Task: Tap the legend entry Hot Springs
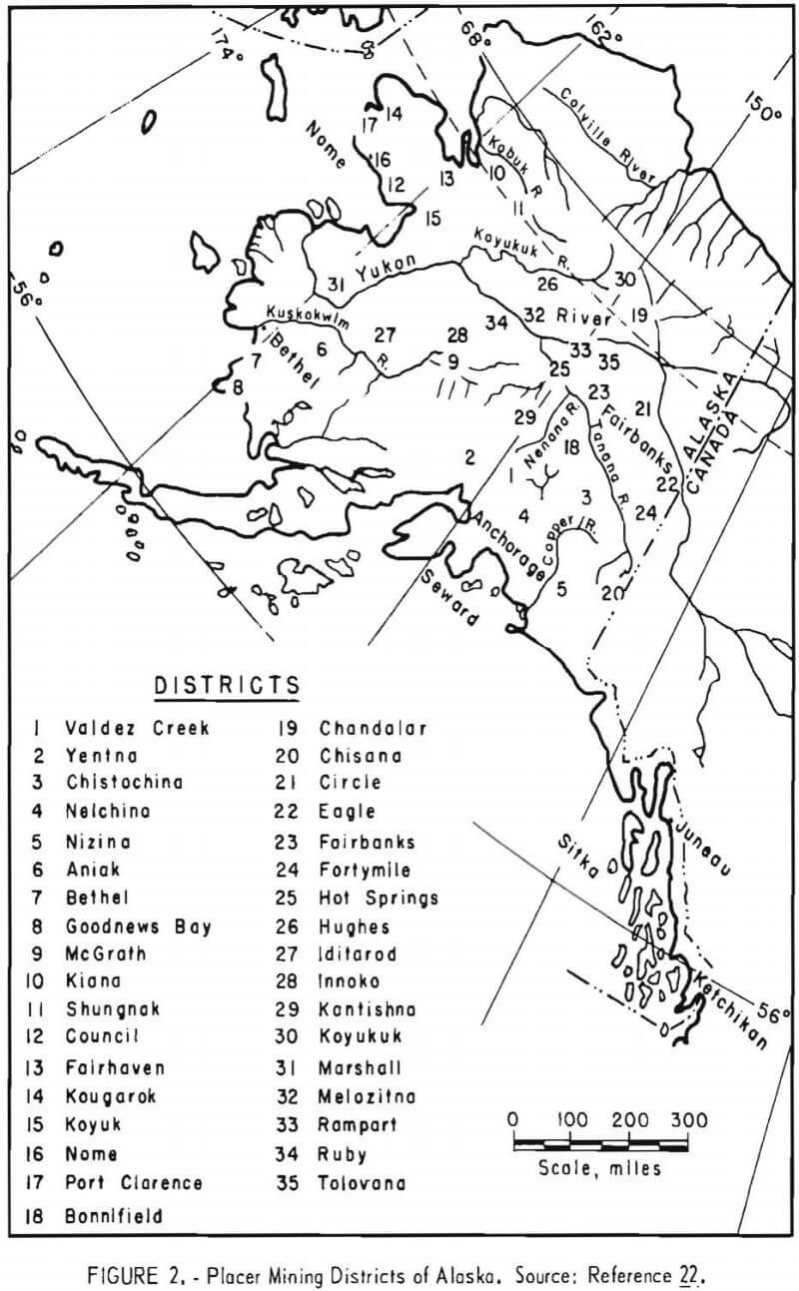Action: [x=379, y=898]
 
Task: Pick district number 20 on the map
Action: [x=611, y=593]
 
